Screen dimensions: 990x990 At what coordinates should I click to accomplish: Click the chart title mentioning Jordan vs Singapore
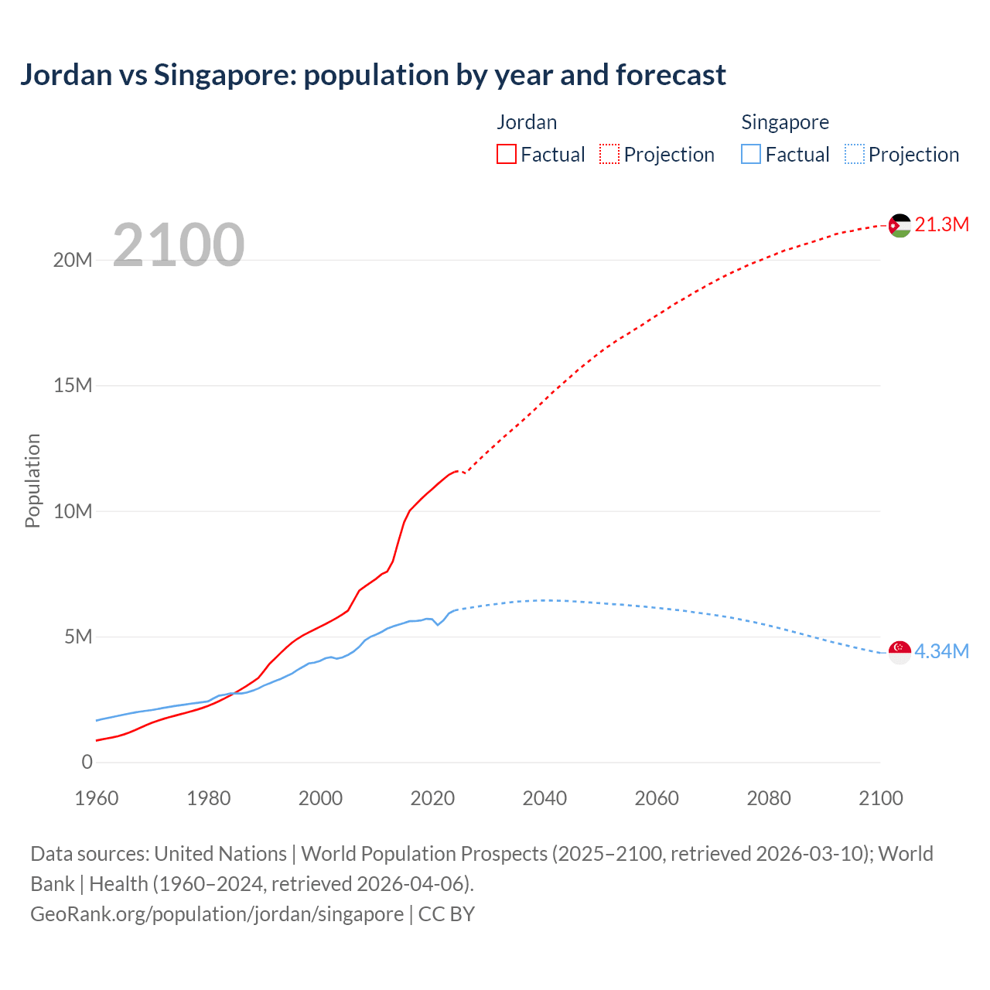[x=373, y=75]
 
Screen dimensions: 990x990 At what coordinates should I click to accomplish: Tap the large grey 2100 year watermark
[x=179, y=245]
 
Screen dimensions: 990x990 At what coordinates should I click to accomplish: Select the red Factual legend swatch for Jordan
[x=507, y=154]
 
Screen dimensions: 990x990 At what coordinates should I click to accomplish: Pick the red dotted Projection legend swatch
[x=609, y=154]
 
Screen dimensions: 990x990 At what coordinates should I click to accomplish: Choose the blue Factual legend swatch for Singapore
[x=751, y=154]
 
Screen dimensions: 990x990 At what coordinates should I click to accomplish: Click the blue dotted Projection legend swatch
[x=855, y=154]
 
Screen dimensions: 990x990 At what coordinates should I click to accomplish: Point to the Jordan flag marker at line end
[x=900, y=226]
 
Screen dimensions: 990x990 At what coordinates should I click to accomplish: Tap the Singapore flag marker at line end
[x=900, y=652]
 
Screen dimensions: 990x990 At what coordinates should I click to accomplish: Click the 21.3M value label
[x=941, y=224]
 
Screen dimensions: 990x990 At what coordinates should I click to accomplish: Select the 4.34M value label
[x=941, y=651]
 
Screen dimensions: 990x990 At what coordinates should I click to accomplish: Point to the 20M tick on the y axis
[x=73, y=260]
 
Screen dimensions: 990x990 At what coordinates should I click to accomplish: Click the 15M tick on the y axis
[x=73, y=385]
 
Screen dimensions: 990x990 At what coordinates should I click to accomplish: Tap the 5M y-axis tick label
[x=78, y=637]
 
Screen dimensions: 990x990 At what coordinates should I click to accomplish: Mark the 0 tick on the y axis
[x=87, y=762]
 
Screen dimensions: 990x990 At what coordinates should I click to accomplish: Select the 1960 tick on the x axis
[x=97, y=798]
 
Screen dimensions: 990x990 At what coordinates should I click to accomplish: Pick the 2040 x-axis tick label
[x=544, y=798]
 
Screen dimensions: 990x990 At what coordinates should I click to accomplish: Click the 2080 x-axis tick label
[x=769, y=798]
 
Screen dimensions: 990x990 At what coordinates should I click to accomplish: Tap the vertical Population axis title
[x=32, y=480]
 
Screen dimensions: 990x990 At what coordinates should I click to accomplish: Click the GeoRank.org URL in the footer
[x=217, y=913]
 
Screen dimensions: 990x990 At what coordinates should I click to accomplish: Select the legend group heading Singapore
[x=785, y=122]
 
